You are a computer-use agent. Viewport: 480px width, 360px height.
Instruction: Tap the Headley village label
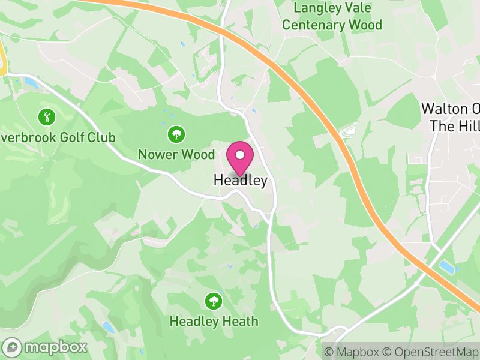[x=240, y=180]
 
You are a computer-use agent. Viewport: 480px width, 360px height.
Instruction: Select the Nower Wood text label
[x=176, y=154]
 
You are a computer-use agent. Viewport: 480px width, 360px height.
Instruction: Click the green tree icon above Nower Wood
[x=176, y=133]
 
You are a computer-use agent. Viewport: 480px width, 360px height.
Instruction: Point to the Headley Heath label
[x=214, y=321]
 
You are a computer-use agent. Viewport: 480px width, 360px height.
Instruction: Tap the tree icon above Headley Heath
[x=213, y=300]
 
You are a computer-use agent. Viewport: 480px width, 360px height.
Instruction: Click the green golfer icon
[x=46, y=116]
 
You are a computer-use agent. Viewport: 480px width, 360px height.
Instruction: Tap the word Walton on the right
[x=442, y=109]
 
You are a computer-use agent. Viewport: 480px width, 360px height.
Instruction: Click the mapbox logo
[x=46, y=347]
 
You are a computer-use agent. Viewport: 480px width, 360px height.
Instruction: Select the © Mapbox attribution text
[x=352, y=352]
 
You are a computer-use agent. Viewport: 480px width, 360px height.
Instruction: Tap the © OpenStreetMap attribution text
[x=431, y=352]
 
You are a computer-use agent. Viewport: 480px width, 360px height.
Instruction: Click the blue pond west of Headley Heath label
[x=108, y=327]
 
